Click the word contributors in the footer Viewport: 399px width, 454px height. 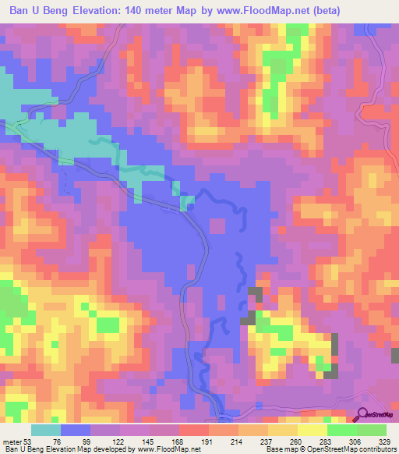(376, 449)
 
